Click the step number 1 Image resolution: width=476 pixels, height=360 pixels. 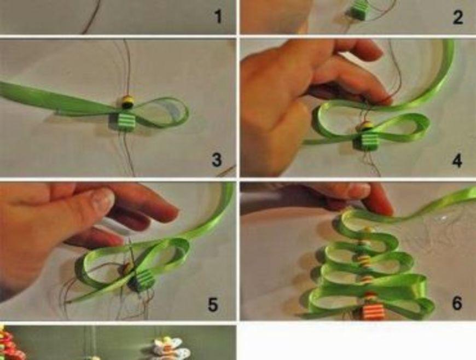click(218, 17)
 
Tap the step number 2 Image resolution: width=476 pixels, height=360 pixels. click(458, 17)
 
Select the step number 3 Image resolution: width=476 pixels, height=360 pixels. click(217, 160)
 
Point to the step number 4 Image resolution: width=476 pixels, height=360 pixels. click(457, 160)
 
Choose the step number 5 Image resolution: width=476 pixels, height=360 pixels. click(212, 304)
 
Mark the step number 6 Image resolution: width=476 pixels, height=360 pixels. click(457, 303)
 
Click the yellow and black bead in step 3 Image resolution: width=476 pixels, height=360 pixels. click(127, 102)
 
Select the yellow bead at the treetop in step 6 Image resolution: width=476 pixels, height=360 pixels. click(368, 231)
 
